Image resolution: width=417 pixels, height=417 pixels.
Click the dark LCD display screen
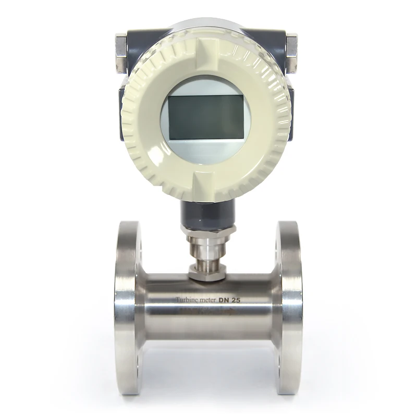pos(206,117)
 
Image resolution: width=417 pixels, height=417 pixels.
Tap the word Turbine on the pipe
pos(186,300)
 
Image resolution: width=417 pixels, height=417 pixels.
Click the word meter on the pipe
pos(212,300)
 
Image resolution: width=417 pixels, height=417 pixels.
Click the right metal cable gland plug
pos(291,52)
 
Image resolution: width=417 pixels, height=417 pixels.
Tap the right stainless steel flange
pos(289,308)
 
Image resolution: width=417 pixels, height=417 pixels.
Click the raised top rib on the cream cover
pos(206,31)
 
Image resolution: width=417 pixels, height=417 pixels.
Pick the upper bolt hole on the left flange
pos(138,245)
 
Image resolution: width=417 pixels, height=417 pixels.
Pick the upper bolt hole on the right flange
pos(277,245)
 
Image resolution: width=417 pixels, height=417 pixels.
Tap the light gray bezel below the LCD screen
pos(206,151)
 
